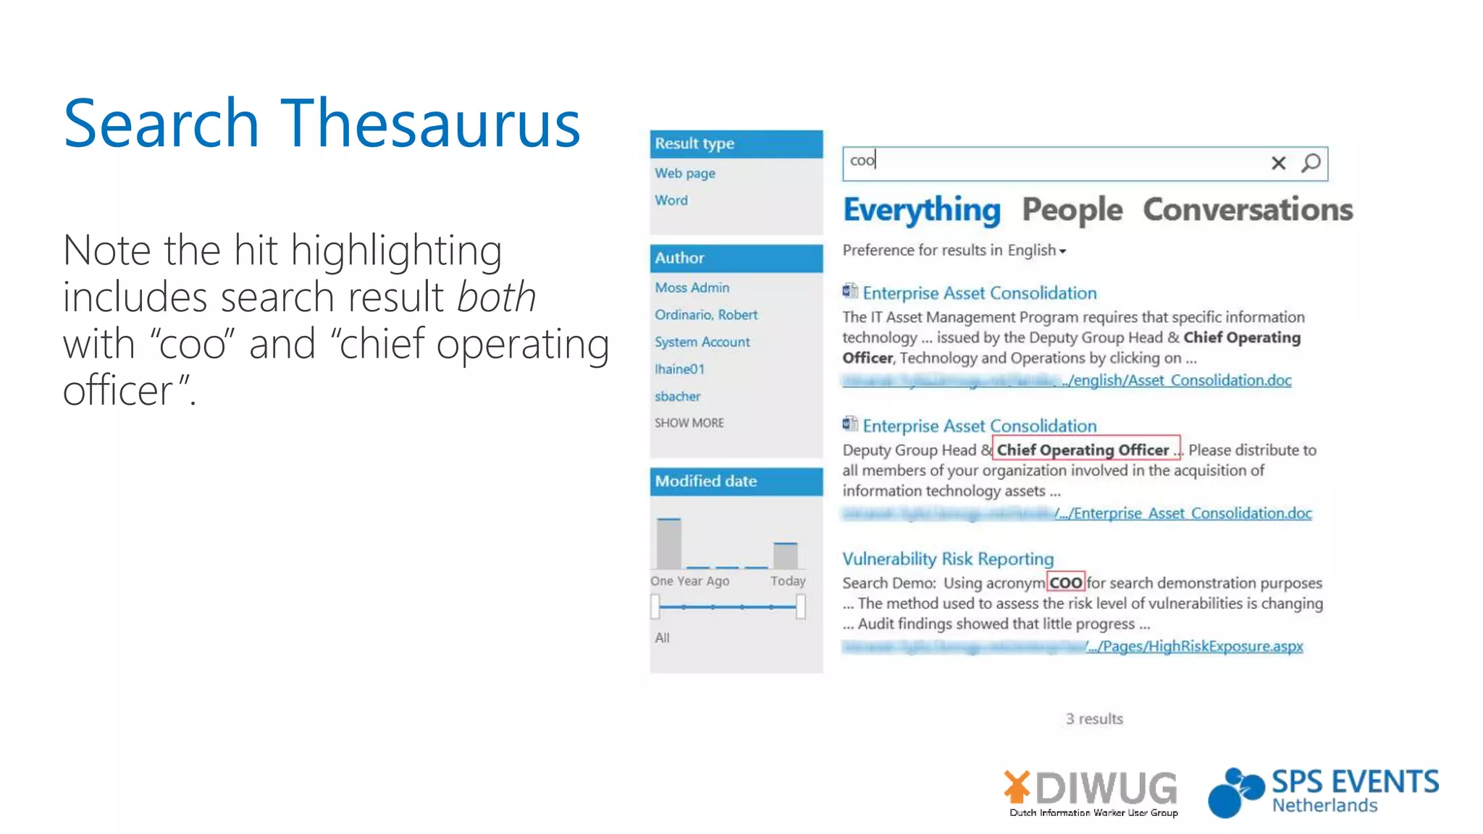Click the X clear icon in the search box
1278,164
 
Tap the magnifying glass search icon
1311,163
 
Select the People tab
1072,210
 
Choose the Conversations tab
1248,210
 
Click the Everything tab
922,210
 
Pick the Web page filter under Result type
685,173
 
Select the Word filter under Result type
671,201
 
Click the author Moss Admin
692,287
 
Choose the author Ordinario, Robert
706,315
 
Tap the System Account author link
702,342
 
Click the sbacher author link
678,396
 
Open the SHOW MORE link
689,423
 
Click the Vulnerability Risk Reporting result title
948,559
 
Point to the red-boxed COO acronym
1066,583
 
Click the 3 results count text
1094,719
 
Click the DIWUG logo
1091,792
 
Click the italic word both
497,297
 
